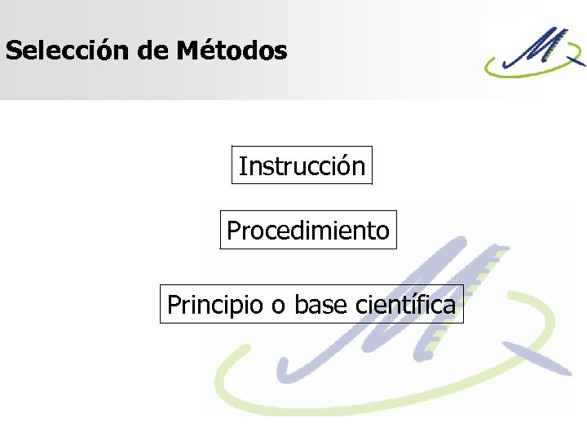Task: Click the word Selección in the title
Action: [x=68, y=51]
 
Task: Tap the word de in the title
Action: [x=152, y=51]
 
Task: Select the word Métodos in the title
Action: [x=231, y=51]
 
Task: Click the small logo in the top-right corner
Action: [x=534, y=51]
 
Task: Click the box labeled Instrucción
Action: [x=302, y=166]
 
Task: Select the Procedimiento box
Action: [x=308, y=231]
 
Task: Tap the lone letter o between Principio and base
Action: [x=278, y=306]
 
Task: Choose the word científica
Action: [x=406, y=305]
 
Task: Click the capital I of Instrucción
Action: [x=241, y=166]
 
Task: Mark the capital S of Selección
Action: [x=12, y=51]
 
